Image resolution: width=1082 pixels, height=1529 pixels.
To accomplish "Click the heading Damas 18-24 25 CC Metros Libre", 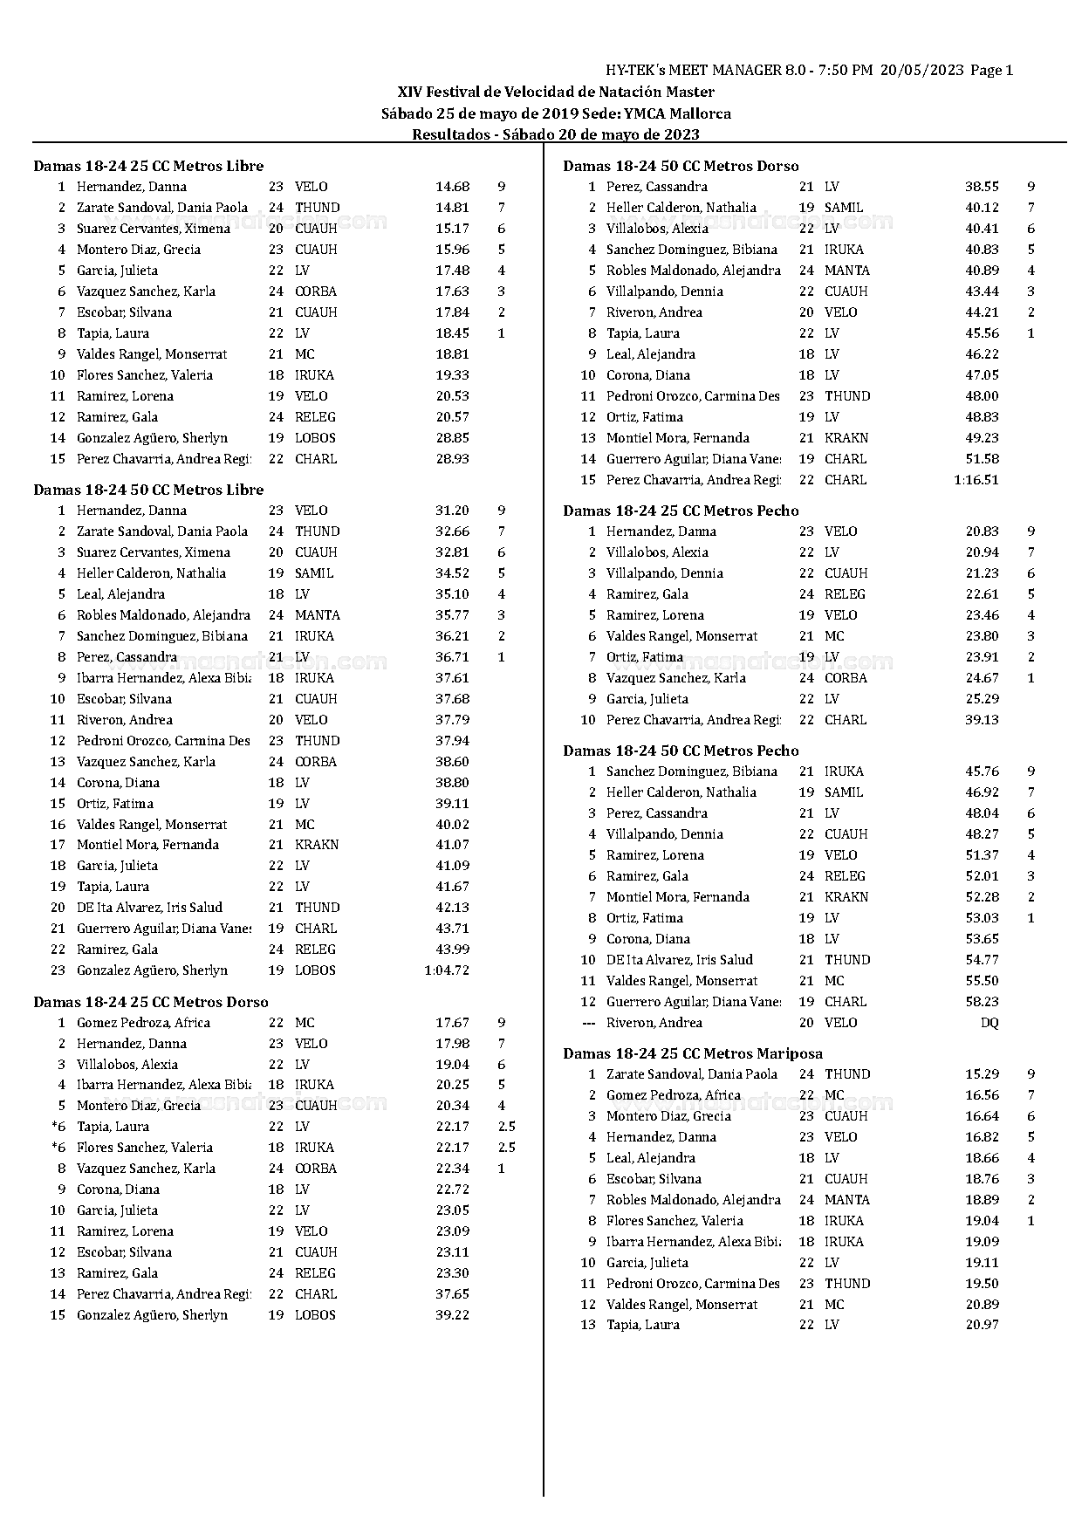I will tap(148, 166).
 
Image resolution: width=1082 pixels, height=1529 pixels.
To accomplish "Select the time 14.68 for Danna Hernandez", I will tap(452, 187).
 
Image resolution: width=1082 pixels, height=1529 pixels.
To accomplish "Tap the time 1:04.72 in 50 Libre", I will tap(447, 970).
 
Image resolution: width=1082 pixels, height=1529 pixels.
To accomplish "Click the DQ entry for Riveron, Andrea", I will tap(989, 1023).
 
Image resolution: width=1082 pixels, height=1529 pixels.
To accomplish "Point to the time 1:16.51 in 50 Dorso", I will tap(976, 480).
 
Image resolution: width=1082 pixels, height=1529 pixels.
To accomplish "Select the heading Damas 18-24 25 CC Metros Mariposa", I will tap(693, 1053).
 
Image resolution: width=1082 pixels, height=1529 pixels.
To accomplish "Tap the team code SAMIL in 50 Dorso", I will tap(844, 208).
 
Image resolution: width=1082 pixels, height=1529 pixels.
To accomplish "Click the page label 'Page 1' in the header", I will tap(991, 71).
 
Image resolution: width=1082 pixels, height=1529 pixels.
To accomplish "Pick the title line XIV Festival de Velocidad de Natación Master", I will tap(556, 92).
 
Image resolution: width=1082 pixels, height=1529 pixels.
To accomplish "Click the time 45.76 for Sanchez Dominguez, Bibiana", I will tap(982, 771).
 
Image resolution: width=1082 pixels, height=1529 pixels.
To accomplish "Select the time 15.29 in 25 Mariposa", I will tap(982, 1074).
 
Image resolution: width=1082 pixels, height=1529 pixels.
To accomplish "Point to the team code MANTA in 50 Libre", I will tap(317, 615).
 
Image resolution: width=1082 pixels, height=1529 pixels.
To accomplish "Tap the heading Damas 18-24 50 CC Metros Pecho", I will tap(681, 751).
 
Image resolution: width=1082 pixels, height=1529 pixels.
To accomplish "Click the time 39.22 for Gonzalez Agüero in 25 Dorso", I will tap(452, 1315).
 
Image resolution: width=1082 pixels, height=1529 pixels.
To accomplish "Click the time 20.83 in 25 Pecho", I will tap(982, 531).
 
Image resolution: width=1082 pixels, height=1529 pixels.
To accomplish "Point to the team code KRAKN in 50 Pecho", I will tap(846, 897).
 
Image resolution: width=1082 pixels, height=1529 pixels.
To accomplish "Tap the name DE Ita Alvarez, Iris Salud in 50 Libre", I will tap(149, 908).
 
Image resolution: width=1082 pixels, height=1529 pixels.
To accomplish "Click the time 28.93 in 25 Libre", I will tap(452, 459).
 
